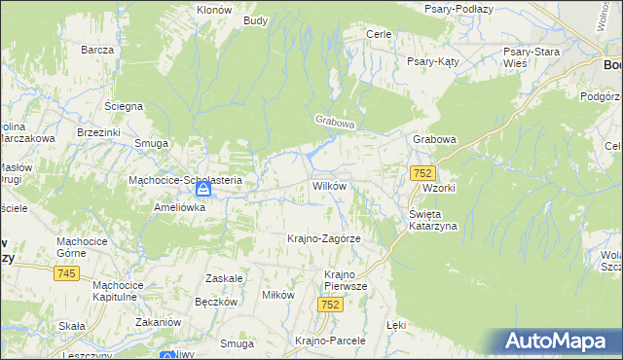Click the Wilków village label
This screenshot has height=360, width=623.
(x=329, y=185)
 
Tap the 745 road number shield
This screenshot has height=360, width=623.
(x=67, y=274)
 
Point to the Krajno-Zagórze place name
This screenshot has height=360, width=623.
(x=324, y=238)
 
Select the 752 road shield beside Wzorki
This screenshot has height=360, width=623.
(x=421, y=173)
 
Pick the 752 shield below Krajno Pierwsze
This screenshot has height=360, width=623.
(x=330, y=305)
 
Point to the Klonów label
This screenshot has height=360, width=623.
(x=214, y=8)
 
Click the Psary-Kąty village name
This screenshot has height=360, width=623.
(x=432, y=60)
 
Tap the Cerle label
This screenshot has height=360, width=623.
(x=378, y=34)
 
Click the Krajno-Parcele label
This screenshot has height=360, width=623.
(x=330, y=341)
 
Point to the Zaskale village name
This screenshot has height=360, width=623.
(x=224, y=278)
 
